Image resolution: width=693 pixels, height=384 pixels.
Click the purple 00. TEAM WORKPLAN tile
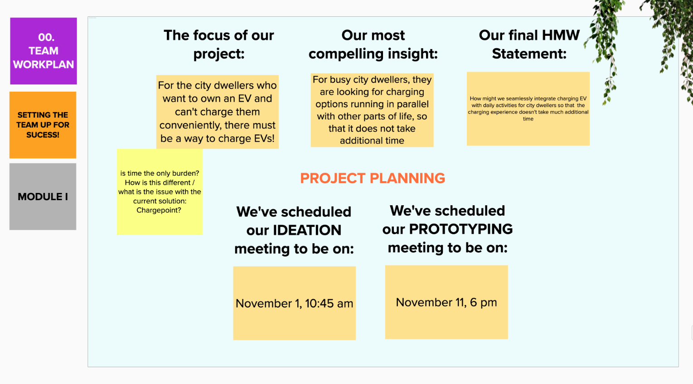(x=44, y=51)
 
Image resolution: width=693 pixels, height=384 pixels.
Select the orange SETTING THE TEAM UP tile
(x=43, y=125)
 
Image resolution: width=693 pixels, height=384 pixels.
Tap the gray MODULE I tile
(x=43, y=197)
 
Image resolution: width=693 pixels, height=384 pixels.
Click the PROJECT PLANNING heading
(x=373, y=178)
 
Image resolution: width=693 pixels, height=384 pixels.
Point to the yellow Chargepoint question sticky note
(x=160, y=192)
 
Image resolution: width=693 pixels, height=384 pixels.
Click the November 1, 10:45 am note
(x=294, y=303)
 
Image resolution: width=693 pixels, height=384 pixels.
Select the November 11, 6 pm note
(x=446, y=302)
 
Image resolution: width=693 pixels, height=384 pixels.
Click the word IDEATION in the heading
(x=307, y=230)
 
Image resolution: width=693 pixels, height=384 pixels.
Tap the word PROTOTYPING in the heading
(x=460, y=229)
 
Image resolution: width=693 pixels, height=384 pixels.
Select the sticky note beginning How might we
(x=528, y=109)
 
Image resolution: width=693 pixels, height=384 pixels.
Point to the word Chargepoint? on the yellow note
(x=159, y=210)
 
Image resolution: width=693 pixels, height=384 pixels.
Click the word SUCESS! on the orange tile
(x=43, y=135)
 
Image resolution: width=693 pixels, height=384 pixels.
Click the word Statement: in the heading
(x=529, y=54)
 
